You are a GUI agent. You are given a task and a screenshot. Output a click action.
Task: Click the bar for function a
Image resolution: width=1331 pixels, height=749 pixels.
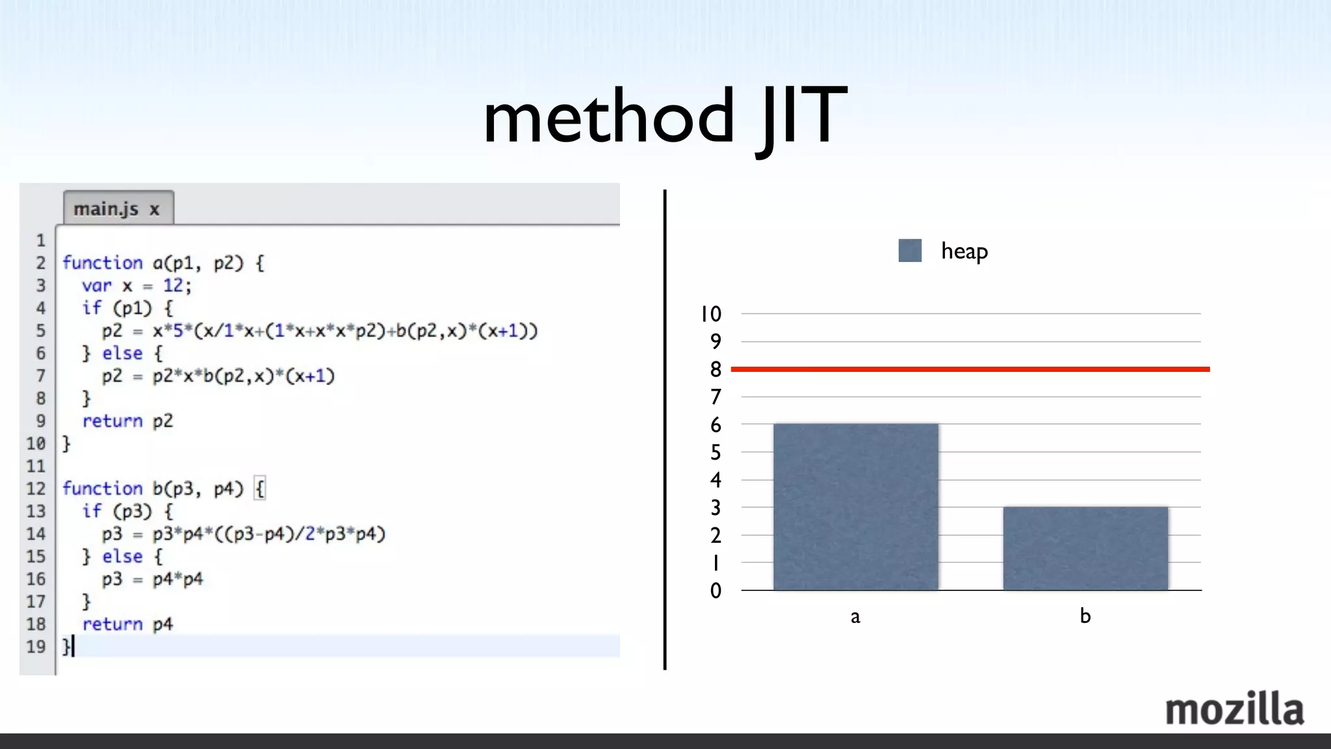[x=855, y=507]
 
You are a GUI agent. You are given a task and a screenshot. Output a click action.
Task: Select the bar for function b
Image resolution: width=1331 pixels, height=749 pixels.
[x=1085, y=548]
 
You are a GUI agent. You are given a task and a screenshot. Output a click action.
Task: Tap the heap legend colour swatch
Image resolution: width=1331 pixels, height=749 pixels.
[x=910, y=250]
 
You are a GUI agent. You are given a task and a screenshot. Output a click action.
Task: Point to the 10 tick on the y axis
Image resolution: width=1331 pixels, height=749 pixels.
[x=711, y=314]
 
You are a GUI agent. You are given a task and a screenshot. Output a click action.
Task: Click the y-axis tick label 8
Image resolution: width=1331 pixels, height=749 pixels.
[x=716, y=369]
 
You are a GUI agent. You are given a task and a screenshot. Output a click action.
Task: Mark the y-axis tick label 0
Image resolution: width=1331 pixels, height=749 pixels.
[x=716, y=590]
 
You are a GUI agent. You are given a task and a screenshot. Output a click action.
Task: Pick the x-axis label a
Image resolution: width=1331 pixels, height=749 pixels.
[x=855, y=616]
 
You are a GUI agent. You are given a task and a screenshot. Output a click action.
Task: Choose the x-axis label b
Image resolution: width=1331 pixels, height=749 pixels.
[x=1085, y=615]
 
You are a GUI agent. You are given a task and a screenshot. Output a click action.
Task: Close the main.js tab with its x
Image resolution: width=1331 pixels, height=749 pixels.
[x=155, y=209]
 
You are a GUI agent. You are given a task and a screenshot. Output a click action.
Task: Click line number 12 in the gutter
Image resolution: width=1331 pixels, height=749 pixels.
[x=36, y=488]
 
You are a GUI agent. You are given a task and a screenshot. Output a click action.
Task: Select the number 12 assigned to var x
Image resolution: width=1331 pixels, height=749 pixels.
[x=173, y=285]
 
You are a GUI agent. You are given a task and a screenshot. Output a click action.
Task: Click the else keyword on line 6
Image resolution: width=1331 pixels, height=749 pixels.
[x=122, y=353]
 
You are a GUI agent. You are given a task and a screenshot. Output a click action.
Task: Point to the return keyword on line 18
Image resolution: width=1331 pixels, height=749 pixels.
[x=112, y=624]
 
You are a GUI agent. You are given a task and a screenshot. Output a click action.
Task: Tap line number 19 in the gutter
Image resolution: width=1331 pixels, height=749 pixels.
[x=36, y=647]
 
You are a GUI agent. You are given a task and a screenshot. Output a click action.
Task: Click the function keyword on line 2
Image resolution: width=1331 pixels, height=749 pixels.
[x=102, y=263]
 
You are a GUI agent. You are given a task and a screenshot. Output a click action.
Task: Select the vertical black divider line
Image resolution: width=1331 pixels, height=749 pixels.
[x=665, y=429]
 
